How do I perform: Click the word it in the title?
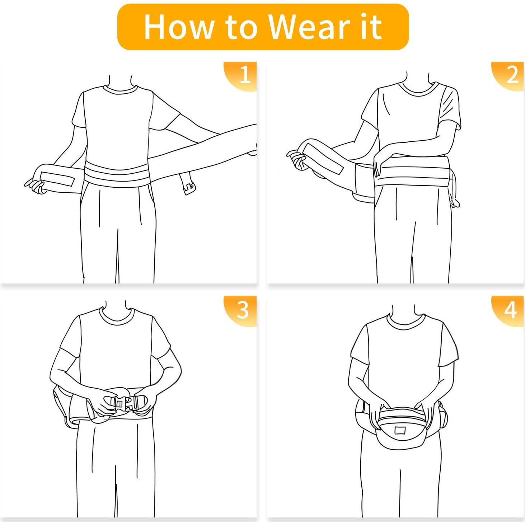[x=371, y=27]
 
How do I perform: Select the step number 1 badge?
[x=244, y=75]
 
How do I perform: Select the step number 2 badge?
[x=512, y=75]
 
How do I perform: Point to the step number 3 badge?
[x=243, y=309]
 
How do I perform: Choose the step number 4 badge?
[x=511, y=309]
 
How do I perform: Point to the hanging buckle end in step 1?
[x=187, y=183]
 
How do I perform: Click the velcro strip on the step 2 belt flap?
[x=325, y=162]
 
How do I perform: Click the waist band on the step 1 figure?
[x=117, y=174]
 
